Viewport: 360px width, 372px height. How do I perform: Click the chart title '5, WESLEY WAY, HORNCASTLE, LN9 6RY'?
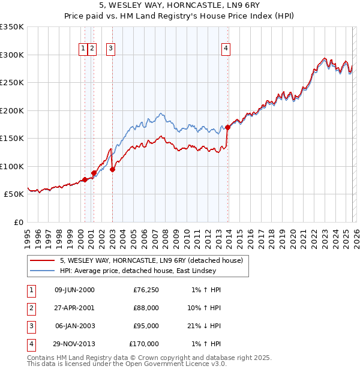point(180,5)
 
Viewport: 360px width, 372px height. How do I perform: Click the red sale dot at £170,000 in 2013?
point(227,127)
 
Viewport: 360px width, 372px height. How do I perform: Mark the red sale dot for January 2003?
point(113,169)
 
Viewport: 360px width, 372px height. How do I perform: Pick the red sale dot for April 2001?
point(94,173)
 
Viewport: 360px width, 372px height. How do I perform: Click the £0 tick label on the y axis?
point(18,222)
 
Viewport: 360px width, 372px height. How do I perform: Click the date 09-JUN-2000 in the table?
point(74,290)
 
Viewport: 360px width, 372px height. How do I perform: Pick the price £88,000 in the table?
point(145,308)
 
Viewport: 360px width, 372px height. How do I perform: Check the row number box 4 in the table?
point(31,344)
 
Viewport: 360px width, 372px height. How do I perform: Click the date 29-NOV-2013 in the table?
point(74,344)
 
